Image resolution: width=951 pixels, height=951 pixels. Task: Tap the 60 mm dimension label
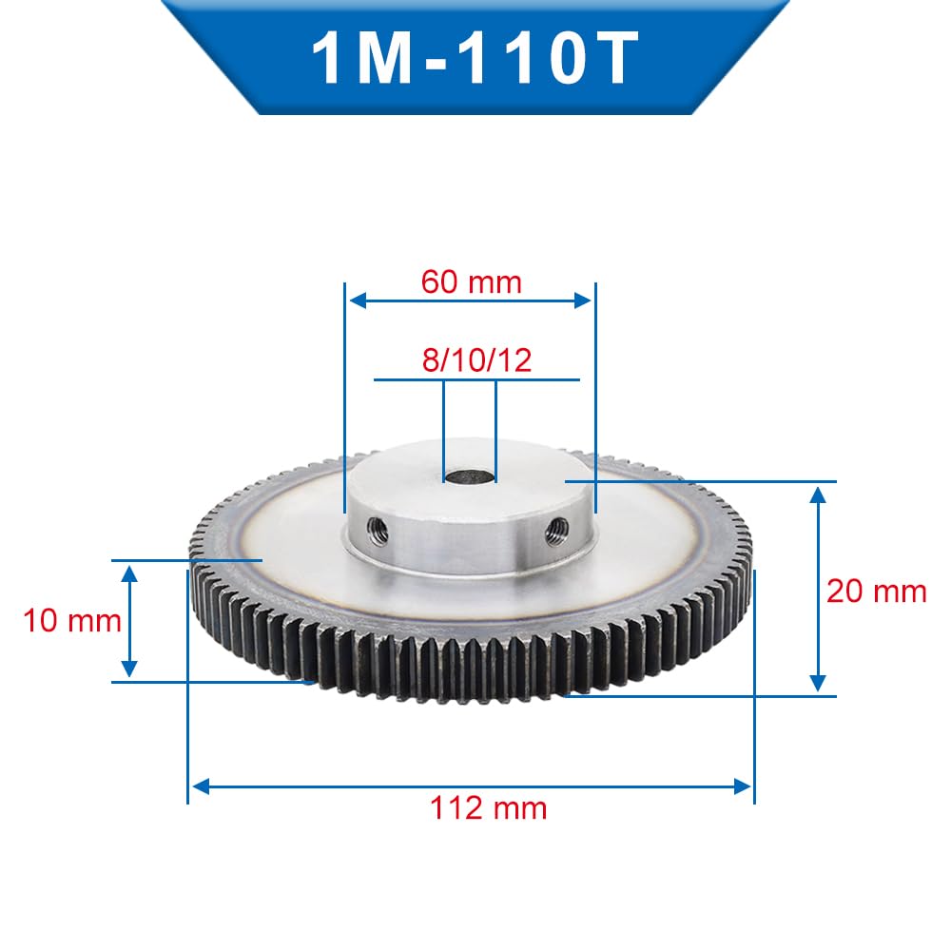(x=471, y=281)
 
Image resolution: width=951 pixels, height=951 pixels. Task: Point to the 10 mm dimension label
(x=72, y=621)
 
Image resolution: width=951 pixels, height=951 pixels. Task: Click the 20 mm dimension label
(x=876, y=591)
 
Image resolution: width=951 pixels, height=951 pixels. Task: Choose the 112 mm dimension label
(x=488, y=808)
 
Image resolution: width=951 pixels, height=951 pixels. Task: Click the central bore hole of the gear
(x=469, y=475)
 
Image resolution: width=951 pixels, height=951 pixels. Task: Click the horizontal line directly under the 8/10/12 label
(x=476, y=379)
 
